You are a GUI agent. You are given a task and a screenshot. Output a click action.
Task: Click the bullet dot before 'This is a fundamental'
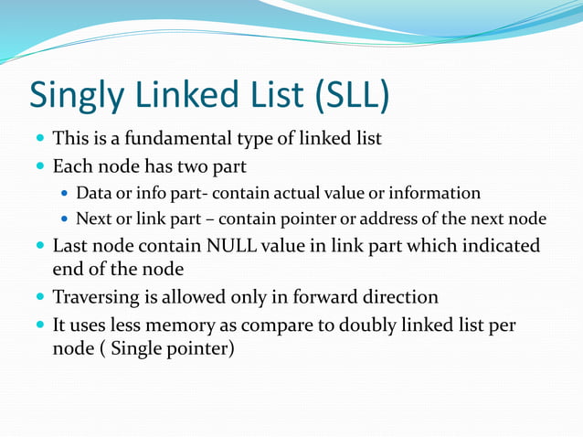[x=40, y=141]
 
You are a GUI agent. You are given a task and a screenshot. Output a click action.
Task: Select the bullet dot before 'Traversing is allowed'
[x=40, y=298]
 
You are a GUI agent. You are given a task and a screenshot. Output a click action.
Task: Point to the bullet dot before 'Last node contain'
[x=40, y=247]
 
